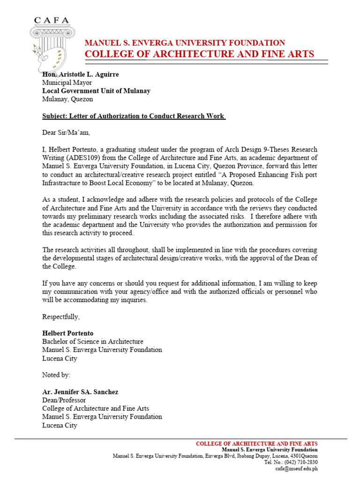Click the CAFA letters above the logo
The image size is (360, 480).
click(x=52, y=20)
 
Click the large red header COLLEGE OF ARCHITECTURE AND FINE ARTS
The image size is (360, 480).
click(x=199, y=54)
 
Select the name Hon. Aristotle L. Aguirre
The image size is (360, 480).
click(x=80, y=75)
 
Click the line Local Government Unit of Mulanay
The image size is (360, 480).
click(x=96, y=91)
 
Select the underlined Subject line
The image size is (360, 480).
click(x=134, y=116)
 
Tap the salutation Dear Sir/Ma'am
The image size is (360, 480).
click(x=66, y=133)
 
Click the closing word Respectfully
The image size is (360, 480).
click(x=61, y=316)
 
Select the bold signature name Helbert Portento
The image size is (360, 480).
click(x=68, y=333)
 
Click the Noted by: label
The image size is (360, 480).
click(x=56, y=375)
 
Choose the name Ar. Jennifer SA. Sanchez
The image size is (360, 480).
click(x=81, y=392)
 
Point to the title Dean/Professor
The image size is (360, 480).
click(x=64, y=400)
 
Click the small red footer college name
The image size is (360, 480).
click(x=256, y=443)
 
